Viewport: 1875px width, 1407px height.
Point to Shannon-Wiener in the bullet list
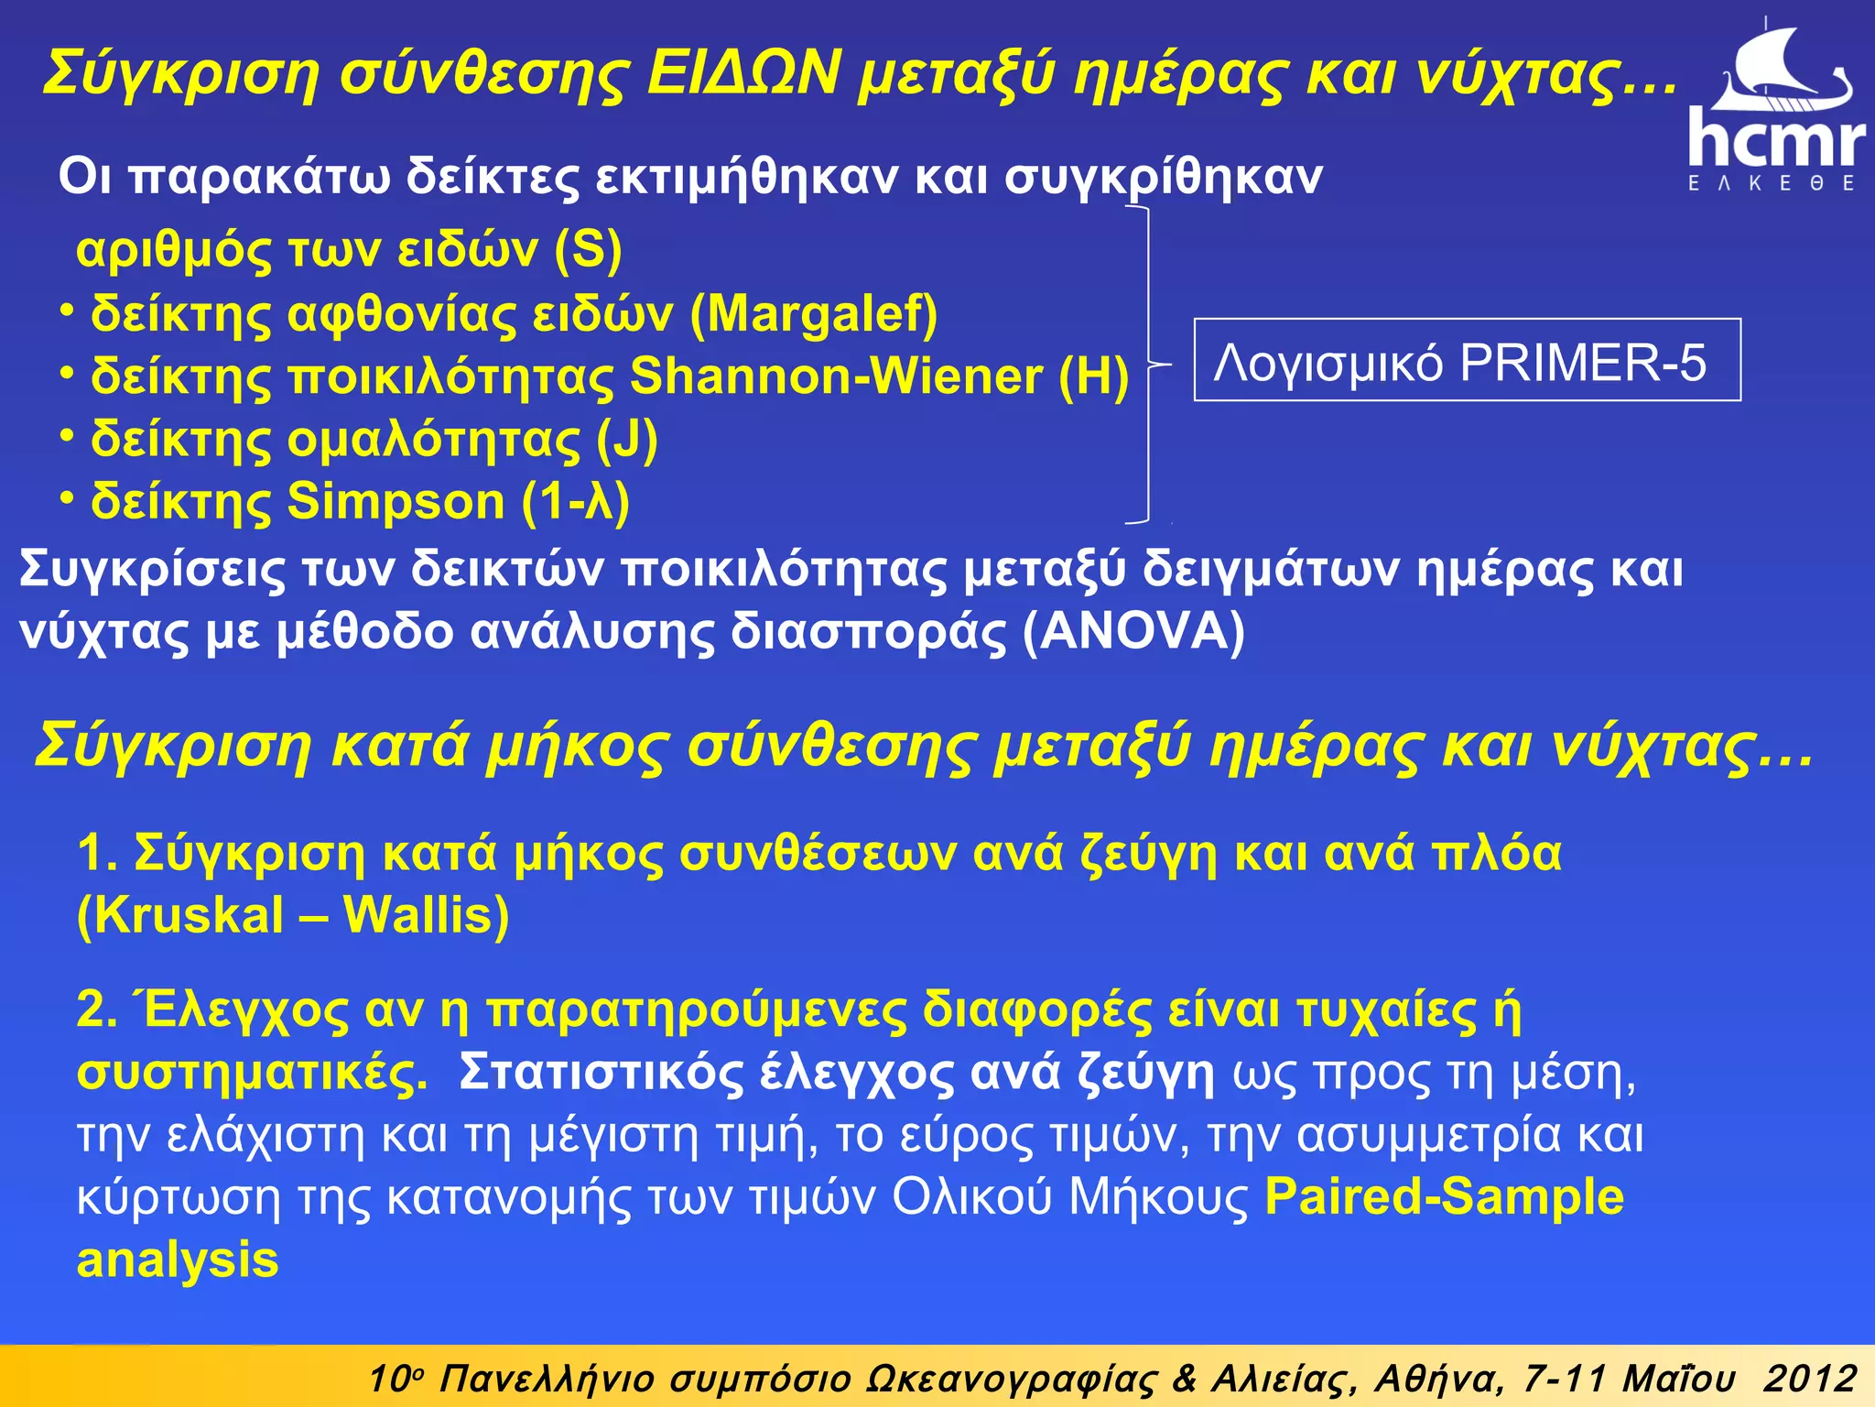click(x=836, y=376)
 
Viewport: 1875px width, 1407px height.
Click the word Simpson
click(x=396, y=501)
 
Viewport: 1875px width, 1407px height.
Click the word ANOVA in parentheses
click(x=1133, y=631)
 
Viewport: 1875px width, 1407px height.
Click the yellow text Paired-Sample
click(x=1444, y=1196)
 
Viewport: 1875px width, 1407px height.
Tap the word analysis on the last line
click(x=178, y=1260)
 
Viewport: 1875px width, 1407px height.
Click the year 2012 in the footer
click(x=1810, y=1379)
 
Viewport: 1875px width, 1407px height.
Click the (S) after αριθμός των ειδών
click(x=589, y=250)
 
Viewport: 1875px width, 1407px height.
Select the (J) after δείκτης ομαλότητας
click(x=627, y=440)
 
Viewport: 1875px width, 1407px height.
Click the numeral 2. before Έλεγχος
click(x=97, y=1009)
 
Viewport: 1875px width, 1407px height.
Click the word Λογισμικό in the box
click(x=1329, y=363)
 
